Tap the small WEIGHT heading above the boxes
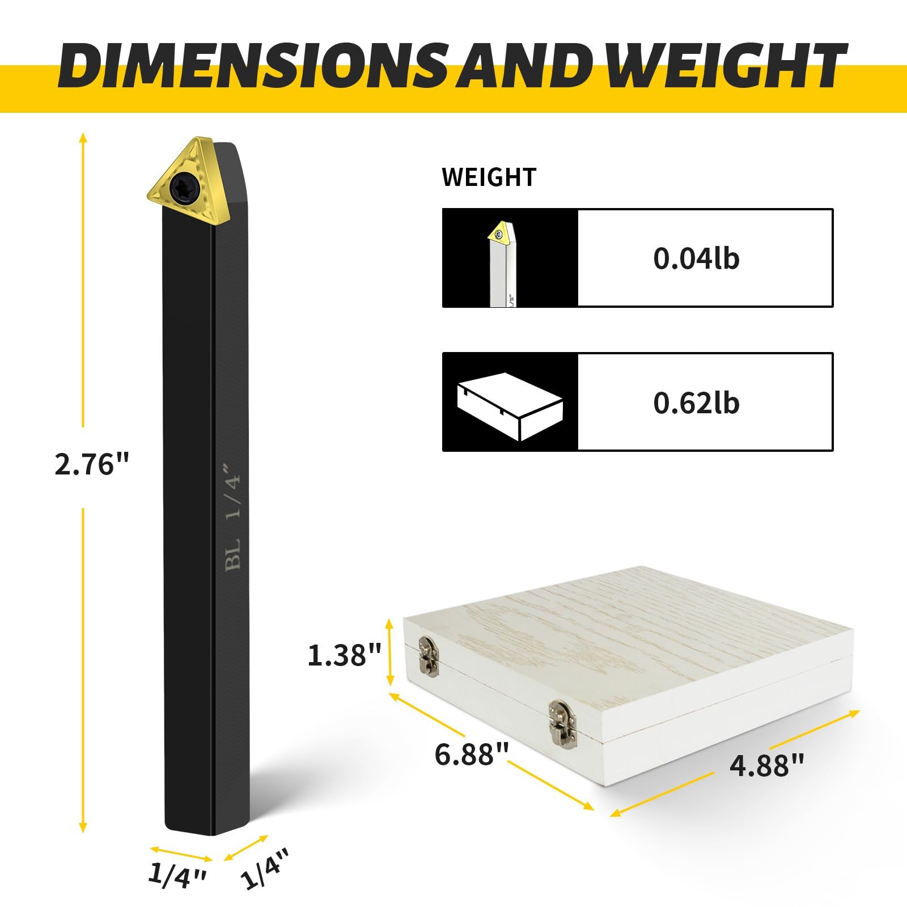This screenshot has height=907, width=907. (x=489, y=177)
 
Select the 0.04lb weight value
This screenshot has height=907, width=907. (x=696, y=258)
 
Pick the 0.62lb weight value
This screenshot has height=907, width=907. (x=696, y=403)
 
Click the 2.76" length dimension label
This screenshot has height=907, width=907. (x=92, y=465)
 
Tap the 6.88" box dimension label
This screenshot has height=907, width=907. (x=472, y=754)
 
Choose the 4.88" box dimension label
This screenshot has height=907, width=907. (x=766, y=765)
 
